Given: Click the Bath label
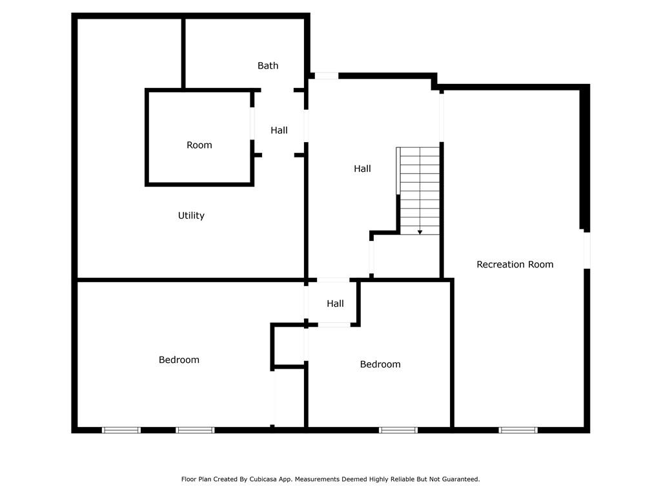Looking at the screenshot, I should (268, 65).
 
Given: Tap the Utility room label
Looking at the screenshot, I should (191, 216).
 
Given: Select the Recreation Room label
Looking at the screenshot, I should (514, 264).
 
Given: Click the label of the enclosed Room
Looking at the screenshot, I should (199, 145).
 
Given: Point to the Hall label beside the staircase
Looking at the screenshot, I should (362, 169).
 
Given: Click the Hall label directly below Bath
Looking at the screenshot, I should (279, 130).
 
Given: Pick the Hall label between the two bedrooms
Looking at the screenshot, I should (335, 304).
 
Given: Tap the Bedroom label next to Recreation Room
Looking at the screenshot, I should (380, 364).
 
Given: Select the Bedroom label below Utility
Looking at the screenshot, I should (179, 360).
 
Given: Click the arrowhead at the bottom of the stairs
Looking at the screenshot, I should (420, 232).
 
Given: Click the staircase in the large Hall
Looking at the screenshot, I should (420, 191).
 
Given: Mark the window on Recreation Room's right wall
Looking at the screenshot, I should (587, 249).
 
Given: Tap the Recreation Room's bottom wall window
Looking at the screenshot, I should (518, 429).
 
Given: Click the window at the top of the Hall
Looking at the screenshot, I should (326, 76).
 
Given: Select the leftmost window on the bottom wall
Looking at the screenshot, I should (121, 429).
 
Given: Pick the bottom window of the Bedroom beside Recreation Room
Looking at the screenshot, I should (398, 429).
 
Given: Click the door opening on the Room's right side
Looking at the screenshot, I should (252, 122).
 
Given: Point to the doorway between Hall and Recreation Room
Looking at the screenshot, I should (442, 117).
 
